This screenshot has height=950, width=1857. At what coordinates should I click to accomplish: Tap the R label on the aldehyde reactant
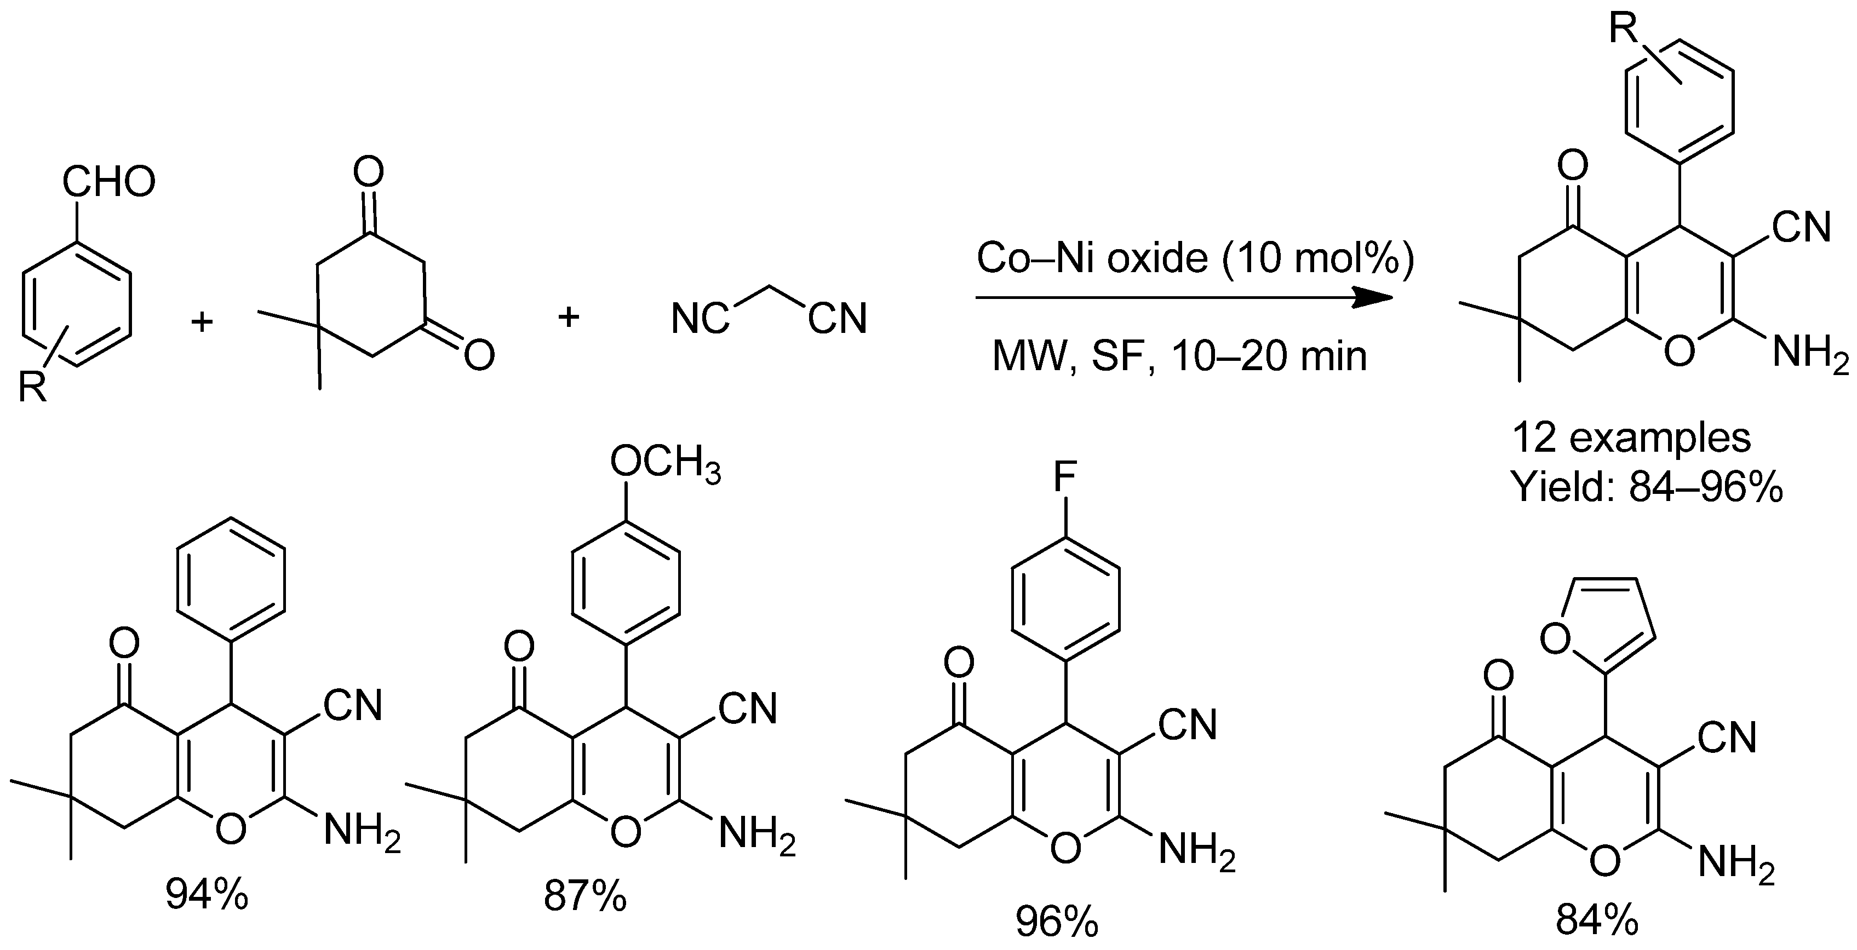coord(32,387)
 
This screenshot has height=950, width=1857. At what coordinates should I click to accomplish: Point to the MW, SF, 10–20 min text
coord(1179,355)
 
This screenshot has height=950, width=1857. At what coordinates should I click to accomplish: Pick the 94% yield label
coord(207,894)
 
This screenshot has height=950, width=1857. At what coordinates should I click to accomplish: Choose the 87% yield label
coord(586,896)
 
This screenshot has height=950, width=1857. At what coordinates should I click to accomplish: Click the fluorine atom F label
coord(1065,475)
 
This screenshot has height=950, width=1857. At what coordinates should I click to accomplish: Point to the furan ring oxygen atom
coord(1556,636)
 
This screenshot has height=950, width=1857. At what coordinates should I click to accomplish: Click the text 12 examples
coord(1631,437)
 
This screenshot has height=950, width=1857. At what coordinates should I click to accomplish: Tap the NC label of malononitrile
coord(700,319)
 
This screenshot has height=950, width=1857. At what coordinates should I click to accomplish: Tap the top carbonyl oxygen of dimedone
coord(369,173)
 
